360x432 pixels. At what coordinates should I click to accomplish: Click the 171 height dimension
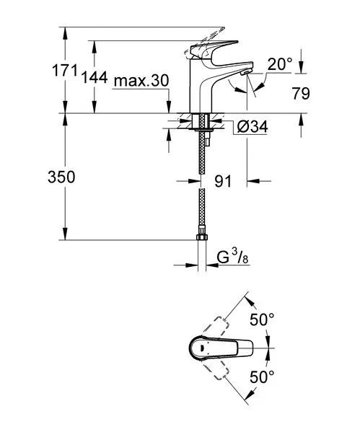65,71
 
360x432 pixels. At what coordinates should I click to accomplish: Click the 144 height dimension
95,77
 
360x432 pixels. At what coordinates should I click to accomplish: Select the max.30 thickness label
141,81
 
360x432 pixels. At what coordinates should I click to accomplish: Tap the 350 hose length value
61,177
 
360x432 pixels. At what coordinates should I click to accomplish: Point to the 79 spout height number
301,94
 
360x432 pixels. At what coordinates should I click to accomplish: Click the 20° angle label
280,65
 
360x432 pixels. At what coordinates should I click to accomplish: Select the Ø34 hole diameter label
253,127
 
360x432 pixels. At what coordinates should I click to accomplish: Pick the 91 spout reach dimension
223,181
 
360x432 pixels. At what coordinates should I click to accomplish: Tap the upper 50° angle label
262,319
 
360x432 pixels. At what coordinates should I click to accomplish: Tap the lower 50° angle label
262,376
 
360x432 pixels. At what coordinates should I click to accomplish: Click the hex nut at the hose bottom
202,237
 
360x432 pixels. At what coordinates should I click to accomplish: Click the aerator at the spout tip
245,72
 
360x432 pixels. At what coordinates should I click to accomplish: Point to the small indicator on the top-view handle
202,348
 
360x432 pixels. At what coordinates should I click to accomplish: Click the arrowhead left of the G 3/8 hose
192,265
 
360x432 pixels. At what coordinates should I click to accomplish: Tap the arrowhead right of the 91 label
253,181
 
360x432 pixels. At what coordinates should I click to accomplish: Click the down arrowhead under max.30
169,107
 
